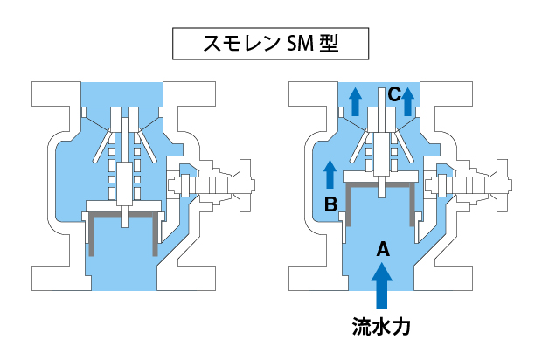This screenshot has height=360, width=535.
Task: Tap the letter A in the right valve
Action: point(381,250)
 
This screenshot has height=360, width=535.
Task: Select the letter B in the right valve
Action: point(330,205)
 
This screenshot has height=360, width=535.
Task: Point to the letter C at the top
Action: point(394,93)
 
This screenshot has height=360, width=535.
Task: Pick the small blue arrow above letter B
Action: point(330,174)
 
